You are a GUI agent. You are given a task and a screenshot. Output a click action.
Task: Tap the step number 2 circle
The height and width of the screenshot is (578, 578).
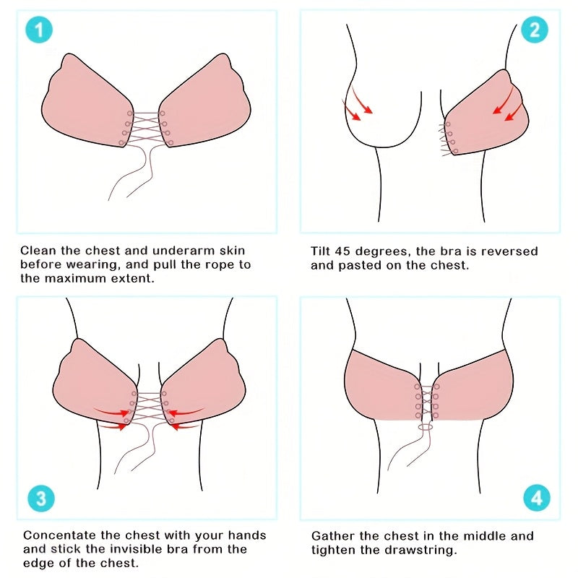(x=535, y=30)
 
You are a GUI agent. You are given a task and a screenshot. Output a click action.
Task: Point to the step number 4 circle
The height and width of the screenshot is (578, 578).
(x=535, y=499)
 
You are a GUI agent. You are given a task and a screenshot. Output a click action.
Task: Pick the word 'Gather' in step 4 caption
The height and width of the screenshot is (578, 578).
(x=333, y=536)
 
